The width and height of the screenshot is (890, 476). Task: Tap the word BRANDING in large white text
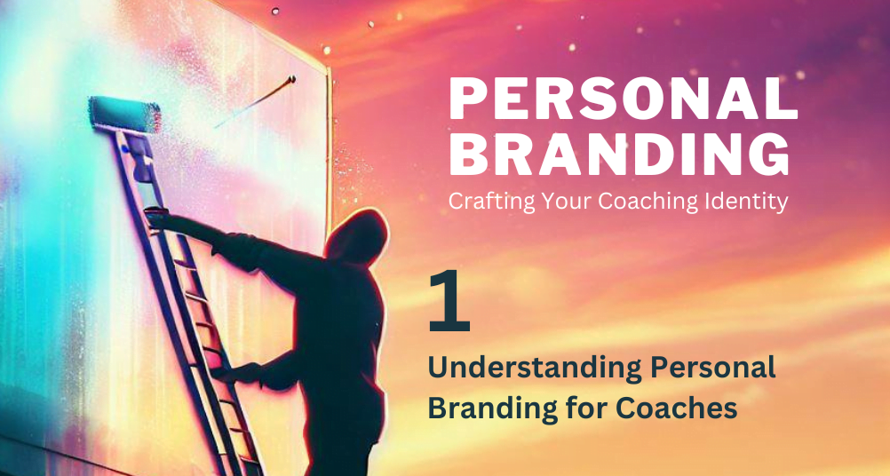(x=619, y=155)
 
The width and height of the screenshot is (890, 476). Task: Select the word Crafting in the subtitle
(x=485, y=202)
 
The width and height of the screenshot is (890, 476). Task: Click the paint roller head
(x=125, y=115)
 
